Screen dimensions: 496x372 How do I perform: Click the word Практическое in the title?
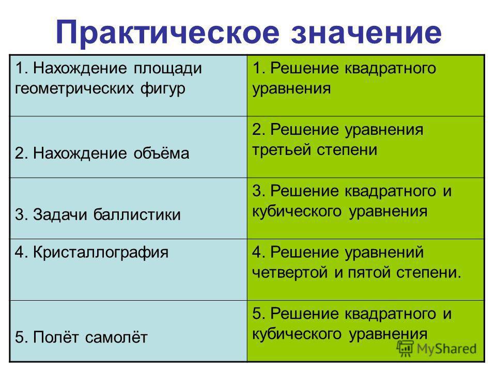click(x=167, y=33)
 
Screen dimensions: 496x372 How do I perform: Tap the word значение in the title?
click(x=366, y=33)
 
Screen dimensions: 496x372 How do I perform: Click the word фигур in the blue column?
click(x=163, y=89)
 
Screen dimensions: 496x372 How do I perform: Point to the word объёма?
click(x=161, y=153)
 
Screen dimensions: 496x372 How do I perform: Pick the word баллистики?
click(x=137, y=214)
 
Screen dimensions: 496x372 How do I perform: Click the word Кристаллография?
click(x=101, y=253)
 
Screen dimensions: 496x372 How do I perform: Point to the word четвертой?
click(x=290, y=273)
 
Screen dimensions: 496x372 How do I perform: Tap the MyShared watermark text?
click(x=446, y=349)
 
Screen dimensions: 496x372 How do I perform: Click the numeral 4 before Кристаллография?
click(x=19, y=253)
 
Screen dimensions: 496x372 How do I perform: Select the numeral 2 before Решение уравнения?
click(x=257, y=130)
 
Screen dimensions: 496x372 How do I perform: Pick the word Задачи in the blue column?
click(x=58, y=214)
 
